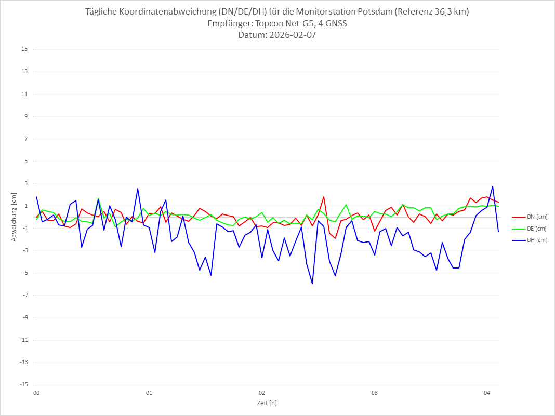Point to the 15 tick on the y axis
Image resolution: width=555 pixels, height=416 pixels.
click(x=24, y=49)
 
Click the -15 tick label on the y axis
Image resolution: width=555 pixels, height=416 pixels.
click(x=23, y=384)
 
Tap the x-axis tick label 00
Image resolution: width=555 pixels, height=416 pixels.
click(x=36, y=393)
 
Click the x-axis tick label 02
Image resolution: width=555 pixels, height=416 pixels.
click(x=262, y=393)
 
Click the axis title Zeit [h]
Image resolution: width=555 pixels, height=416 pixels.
click(x=267, y=403)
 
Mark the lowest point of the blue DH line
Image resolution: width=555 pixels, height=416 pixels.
click(x=312, y=284)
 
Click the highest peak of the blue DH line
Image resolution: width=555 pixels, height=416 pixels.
click(x=493, y=186)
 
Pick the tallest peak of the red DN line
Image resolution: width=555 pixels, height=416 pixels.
click(x=324, y=197)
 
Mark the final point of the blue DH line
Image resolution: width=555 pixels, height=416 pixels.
click(x=498, y=232)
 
